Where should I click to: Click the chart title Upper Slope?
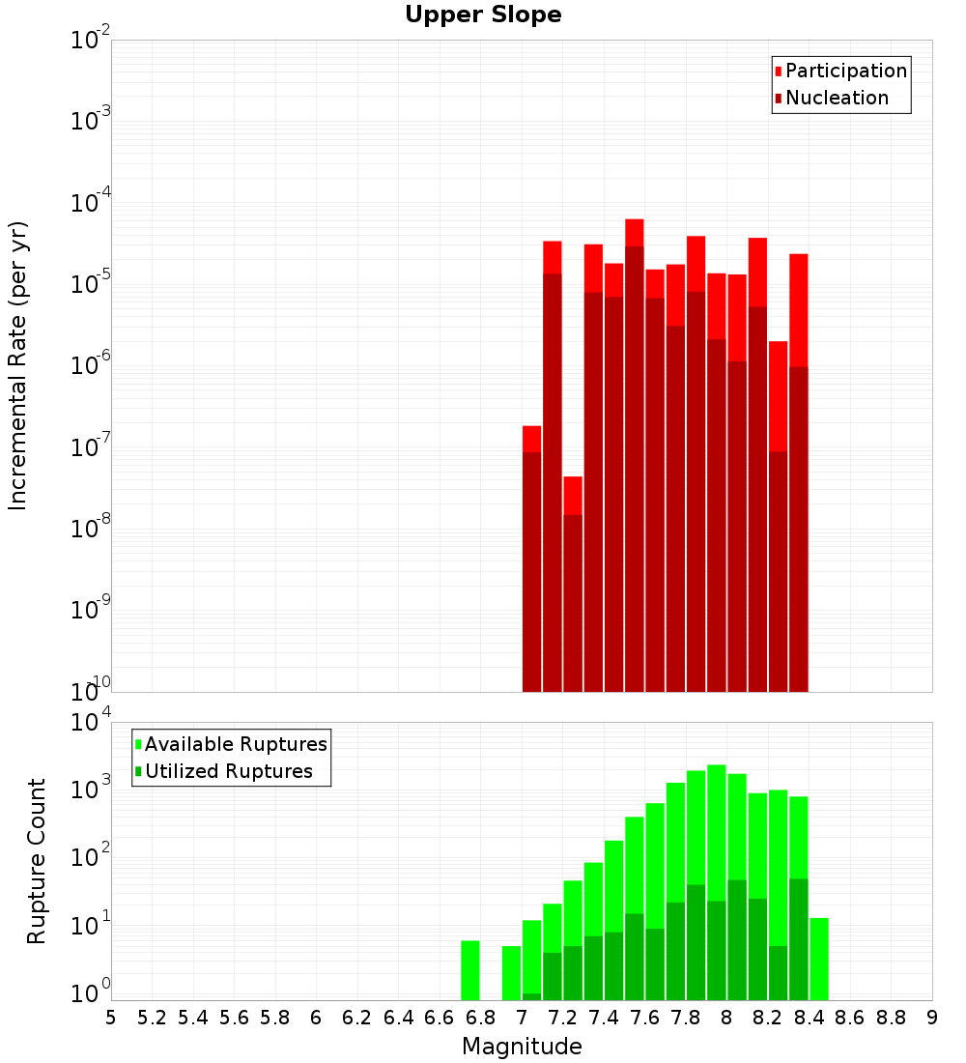483,15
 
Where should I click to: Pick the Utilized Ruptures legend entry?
228,772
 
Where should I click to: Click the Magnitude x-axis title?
522,1047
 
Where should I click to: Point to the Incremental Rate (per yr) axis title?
18,366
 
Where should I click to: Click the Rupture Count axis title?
37,861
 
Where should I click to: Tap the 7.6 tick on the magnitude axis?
644,1018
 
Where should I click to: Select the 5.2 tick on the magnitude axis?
152,1018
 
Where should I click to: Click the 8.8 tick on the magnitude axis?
891,1018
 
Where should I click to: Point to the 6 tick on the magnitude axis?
316,1018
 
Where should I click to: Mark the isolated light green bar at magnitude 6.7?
470,970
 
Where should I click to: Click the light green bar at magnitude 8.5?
819,959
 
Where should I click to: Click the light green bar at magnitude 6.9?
511,973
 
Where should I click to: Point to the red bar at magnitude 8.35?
799,309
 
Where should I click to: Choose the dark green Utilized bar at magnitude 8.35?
799,937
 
